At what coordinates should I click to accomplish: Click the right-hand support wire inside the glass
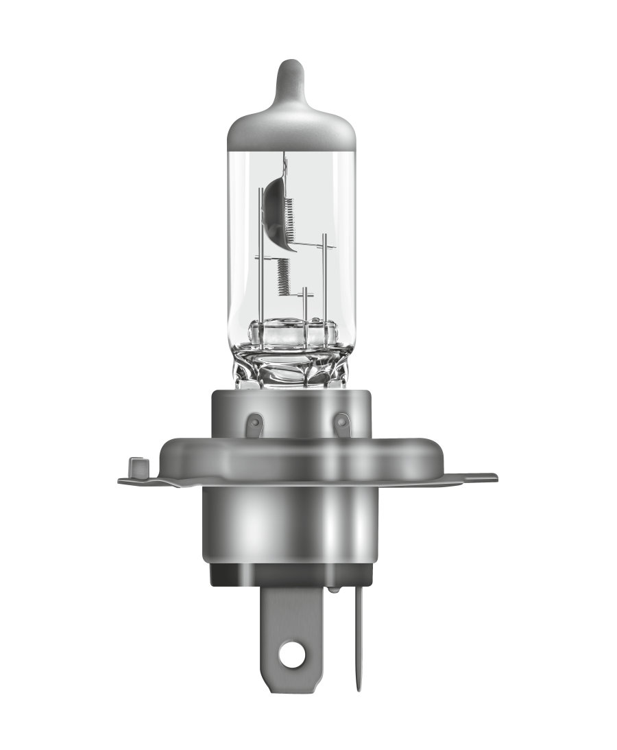(322, 274)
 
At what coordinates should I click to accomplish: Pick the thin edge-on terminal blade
(357, 638)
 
